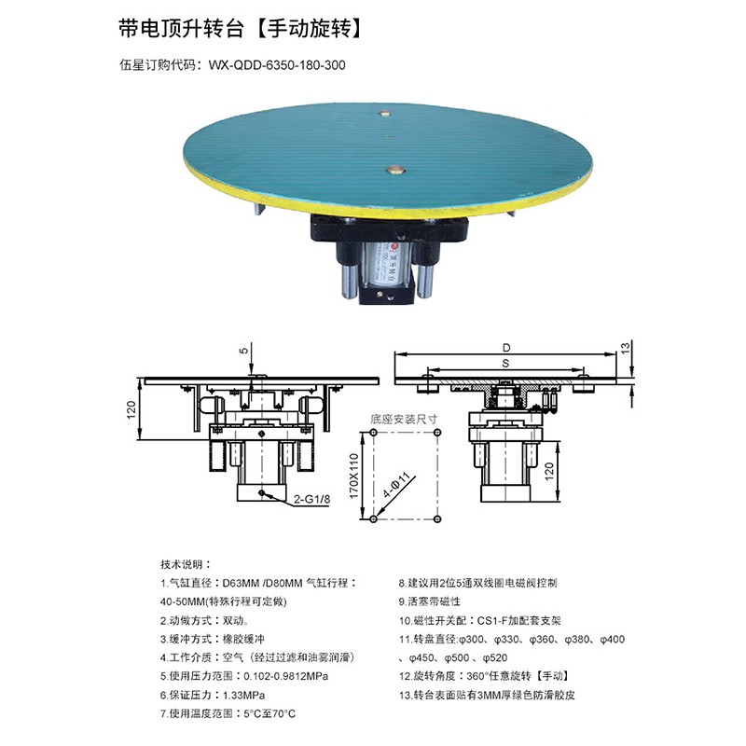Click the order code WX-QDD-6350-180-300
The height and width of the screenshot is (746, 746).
pos(277,65)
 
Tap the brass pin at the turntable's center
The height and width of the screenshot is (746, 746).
pos(394,170)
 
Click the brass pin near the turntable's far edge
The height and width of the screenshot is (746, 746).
pos(384,114)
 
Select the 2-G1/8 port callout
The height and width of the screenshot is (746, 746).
pos(311,499)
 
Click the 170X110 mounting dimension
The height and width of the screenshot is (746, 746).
pos(354,476)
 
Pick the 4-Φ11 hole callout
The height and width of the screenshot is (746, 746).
pos(396,485)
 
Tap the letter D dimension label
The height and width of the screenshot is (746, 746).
pos(506,348)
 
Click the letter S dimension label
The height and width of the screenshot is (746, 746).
pos(505,364)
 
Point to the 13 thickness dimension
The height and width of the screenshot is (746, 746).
pos(626,347)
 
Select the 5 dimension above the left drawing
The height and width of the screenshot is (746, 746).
pos(243,352)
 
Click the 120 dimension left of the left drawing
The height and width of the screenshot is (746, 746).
pos(131,409)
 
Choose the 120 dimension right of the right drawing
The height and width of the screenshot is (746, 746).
pos(549,472)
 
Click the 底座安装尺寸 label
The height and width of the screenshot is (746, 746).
pos(404,419)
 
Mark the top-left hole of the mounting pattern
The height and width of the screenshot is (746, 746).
pos(374,433)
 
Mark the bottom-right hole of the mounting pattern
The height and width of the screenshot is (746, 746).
pos(437,518)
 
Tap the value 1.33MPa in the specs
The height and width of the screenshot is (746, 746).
pos(243,695)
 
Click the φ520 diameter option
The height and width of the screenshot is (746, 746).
pos(495,658)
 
